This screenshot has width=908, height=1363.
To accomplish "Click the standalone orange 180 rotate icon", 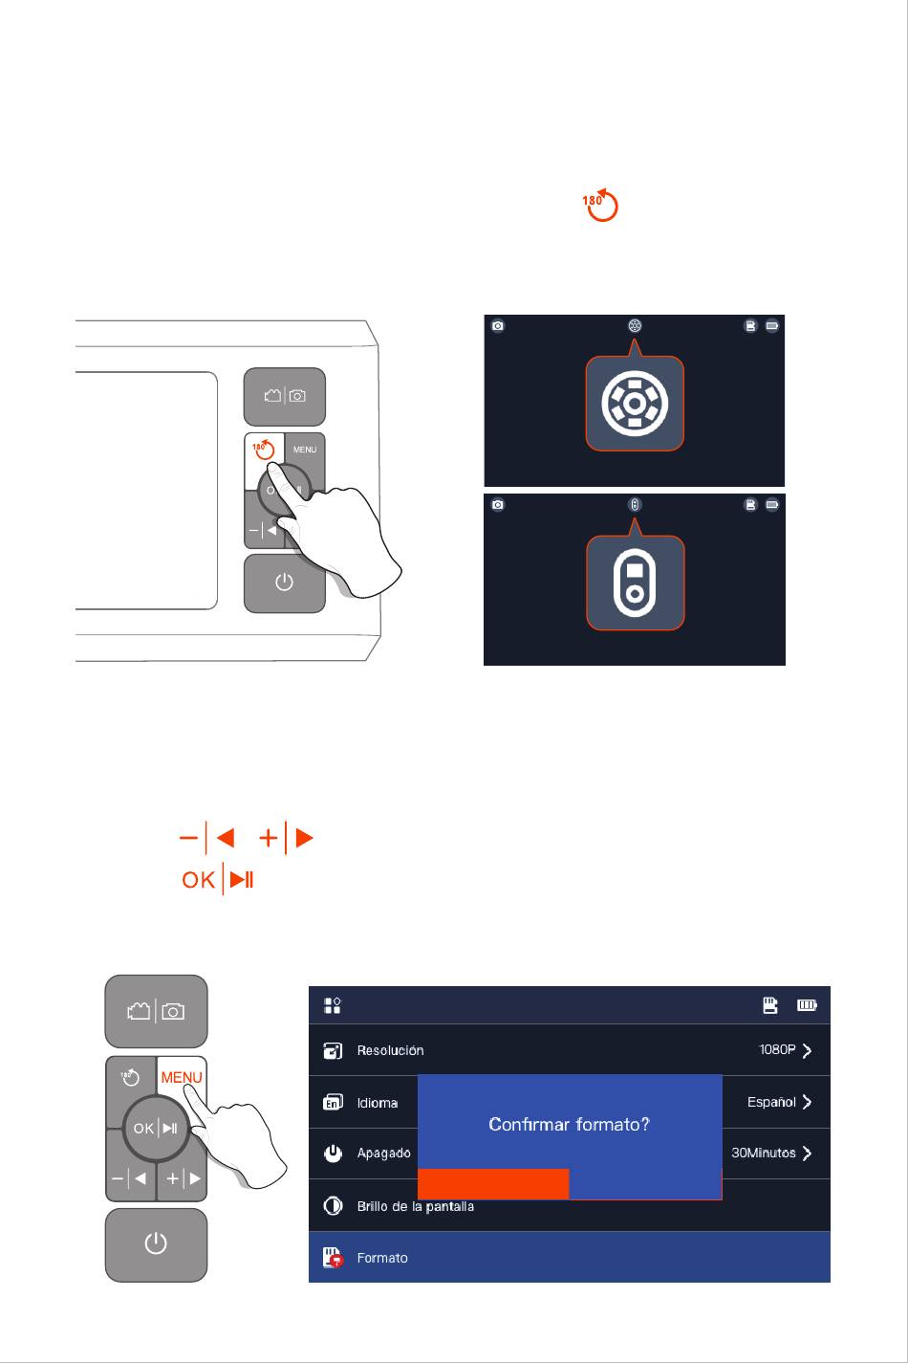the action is [600, 205].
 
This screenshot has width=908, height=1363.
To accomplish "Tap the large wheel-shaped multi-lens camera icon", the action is [635, 403].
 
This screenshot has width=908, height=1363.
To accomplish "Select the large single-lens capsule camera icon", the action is [635, 583].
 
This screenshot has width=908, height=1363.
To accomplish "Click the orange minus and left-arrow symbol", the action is [207, 838].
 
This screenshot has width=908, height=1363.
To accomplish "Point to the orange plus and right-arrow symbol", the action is [286, 838].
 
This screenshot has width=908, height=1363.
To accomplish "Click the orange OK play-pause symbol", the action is [218, 879].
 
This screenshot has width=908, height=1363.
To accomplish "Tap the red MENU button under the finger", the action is [182, 1078].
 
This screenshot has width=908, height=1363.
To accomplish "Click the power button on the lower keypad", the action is [156, 1245].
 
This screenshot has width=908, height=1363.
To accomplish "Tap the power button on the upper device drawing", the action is [284, 583].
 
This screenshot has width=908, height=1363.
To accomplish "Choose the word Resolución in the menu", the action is [391, 1050].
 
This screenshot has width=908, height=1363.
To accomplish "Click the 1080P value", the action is [777, 1049].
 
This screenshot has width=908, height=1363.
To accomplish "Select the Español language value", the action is [771, 1102].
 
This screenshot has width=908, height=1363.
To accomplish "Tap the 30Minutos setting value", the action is [764, 1153].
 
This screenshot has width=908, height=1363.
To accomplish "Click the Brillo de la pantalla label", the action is [416, 1206].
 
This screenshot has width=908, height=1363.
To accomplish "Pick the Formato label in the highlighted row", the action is [382, 1258].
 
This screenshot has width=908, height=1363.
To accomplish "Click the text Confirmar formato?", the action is [570, 1124].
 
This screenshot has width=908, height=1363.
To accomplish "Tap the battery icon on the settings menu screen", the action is [807, 1004].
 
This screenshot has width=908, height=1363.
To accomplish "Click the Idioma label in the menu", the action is [378, 1103].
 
